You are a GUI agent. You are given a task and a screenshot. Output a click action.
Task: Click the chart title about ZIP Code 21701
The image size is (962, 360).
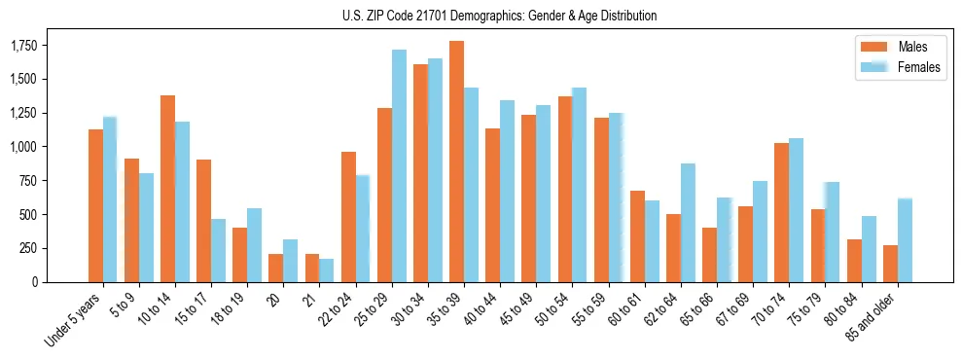[x=500, y=16]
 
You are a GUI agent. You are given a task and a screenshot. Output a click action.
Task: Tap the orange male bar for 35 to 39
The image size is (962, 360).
[x=456, y=162]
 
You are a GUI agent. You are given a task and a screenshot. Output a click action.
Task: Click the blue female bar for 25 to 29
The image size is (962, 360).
[x=399, y=165]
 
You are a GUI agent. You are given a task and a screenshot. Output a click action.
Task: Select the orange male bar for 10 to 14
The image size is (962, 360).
[x=167, y=189]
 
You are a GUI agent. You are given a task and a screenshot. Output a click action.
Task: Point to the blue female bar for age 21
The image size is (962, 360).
[x=327, y=270]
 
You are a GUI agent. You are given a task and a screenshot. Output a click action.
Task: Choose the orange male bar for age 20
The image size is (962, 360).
[x=275, y=268]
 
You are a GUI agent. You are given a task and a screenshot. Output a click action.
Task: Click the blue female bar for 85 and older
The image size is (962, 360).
[x=905, y=240]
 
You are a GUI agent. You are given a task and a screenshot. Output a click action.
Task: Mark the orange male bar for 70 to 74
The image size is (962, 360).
[x=781, y=212]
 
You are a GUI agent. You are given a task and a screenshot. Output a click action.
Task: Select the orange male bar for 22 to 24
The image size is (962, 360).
[x=348, y=217]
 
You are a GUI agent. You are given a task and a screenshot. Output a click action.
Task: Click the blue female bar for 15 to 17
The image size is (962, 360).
[x=219, y=250]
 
